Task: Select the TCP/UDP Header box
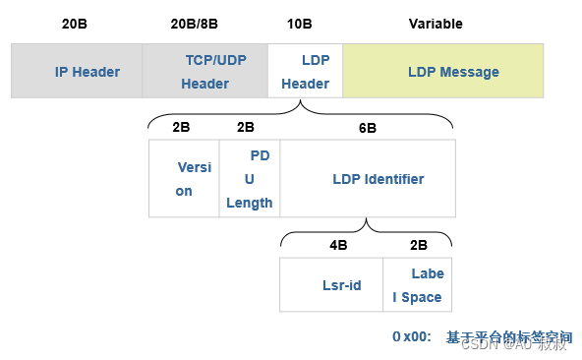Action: point(205,71)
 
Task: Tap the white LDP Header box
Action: point(305,71)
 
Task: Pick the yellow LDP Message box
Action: point(442,71)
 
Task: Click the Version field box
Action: point(184,178)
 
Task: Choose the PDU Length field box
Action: point(250,178)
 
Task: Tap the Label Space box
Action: point(418,285)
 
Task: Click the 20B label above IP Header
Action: point(74,24)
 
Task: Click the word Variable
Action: point(436,24)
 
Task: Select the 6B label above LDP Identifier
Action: point(367,128)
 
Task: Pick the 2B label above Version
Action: point(181,128)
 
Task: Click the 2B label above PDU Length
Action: point(246,128)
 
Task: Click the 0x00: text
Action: point(412,336)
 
